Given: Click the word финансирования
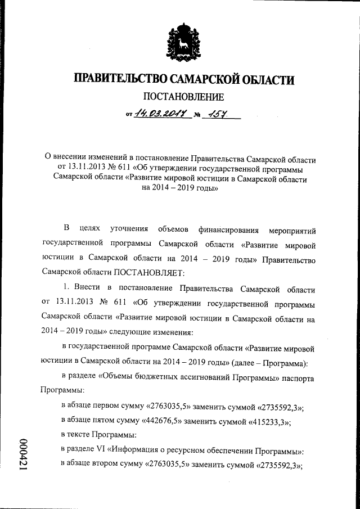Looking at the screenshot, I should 228,230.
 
